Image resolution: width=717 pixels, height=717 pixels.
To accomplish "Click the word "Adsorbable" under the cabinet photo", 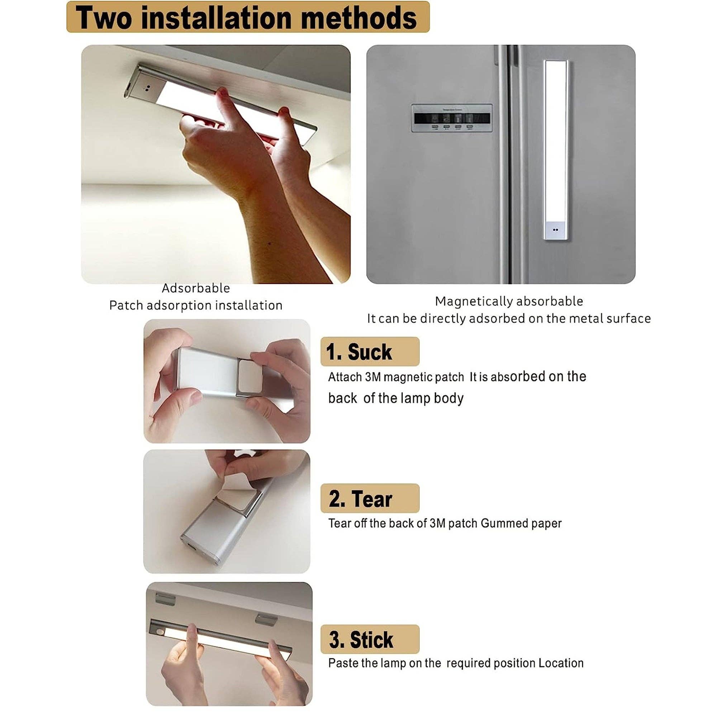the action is pyautogui.click(x=196, y=288).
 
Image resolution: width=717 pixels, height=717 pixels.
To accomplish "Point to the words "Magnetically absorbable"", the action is pyautogui.click(x=509, y=301).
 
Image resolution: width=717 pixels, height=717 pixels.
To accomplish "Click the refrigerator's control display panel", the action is pyautogui.click(x=452, y=118).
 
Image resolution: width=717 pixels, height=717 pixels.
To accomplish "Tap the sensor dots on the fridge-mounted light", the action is pyautogui.click(x=555, y=230).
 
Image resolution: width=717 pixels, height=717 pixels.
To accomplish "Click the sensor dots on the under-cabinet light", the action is pyautogui.click(x=147, y=88).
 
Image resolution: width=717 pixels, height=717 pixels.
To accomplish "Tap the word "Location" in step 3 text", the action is pyautogui.click(x=561, y=663).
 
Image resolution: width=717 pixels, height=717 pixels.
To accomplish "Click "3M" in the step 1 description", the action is pyautogui.click(x=372, y=377).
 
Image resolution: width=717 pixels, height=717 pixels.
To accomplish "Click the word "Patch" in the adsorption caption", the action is pyautogui.click(x=126, y=305).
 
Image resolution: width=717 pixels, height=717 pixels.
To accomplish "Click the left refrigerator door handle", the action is pyautogui.click(x=503, y=163).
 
